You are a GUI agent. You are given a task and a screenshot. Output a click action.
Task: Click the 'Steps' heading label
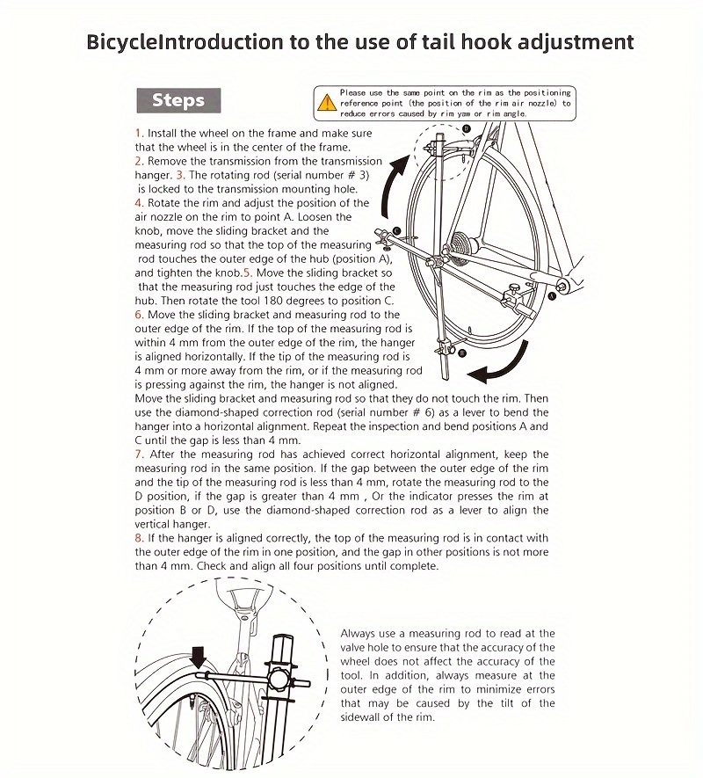click(x=178, y=99)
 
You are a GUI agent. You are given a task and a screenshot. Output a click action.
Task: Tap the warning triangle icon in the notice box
click(x=327, y=103)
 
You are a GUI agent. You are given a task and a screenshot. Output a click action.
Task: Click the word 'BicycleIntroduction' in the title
click(x=185, y=41)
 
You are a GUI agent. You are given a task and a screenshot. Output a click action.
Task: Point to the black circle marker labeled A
click(x=552, y=298)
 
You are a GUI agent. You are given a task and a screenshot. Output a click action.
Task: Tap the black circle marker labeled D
click(x=466, y=129)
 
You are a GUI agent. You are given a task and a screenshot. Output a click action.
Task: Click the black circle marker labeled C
click(x=396, y=230)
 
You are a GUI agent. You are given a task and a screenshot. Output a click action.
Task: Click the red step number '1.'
click(x=139, y=133)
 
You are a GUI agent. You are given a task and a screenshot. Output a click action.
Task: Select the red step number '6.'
click(x=139, y=314)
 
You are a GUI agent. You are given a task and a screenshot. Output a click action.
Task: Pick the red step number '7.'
click(x=139, y=454)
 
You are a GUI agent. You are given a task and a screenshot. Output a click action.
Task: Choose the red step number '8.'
click(x=139, y=538)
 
